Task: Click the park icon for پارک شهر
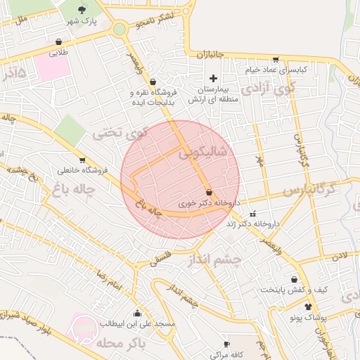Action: click(x=84, y=10)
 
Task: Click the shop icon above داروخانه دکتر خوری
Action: click(x=209, y=192)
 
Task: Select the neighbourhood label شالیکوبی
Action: click(x=205, y=153)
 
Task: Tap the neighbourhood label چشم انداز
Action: click(x=214, y=260)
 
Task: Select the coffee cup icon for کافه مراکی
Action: click(x=226, y=344)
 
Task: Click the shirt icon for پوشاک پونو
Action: click(x=308, y=307)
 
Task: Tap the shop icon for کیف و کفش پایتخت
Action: click(x=294, y=279)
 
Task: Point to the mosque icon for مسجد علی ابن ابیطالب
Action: click(x=136, y=313)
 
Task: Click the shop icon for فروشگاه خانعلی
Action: click(x=83, y=160)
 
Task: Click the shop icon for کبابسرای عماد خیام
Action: click(x=275, y=60)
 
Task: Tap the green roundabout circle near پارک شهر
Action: click(x=119, y=30)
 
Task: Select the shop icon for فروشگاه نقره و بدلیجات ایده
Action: click(x=153, y=82)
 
